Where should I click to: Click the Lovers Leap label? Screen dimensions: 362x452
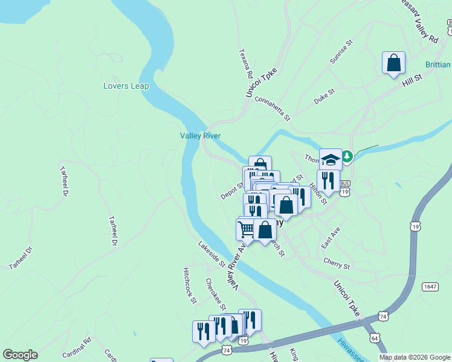click(x=126, y=86)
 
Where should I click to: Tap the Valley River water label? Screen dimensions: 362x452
click(x=200, y=136)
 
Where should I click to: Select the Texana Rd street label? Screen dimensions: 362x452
click(x=245, y=64)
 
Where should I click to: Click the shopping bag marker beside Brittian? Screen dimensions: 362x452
click(x=393, y=63)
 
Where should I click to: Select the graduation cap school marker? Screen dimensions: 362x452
click(x=330, y=159)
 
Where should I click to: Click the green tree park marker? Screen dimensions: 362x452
click(x=347, y=157)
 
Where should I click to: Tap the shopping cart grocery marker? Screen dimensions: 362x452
click(x=246, y=229)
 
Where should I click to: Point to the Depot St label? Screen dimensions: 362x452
click(x=231, y=191)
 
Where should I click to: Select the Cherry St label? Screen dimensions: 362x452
click(x=337, y=265)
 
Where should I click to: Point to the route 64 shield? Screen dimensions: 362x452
click(x=376, y=338)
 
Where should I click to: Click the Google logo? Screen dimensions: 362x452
click(x=20, y=355)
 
